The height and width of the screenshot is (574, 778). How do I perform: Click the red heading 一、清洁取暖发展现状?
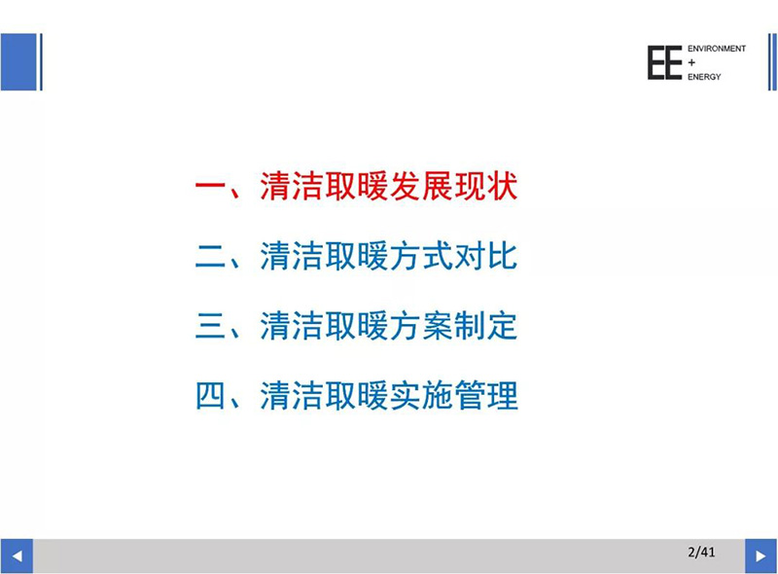(x=356, y=187)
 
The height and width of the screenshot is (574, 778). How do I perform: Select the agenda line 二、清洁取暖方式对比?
(x=356, y=256)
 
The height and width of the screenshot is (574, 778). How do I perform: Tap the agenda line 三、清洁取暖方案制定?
(x=356, y=326)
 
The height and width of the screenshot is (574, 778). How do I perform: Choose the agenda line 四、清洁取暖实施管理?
(x=356, y=395)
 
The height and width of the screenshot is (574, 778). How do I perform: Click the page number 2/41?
(x=701, y=552)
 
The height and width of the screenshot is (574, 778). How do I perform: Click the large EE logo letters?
(x=664, y=62)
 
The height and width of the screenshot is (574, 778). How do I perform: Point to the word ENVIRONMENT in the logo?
(x=717, y=49)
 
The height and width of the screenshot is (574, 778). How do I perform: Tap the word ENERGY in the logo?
(x=704, y=77)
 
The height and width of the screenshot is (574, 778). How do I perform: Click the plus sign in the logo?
(x=691, y=62)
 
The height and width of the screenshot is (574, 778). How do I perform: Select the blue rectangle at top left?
(x=18, y=62)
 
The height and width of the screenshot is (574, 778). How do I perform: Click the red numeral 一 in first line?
(x=210, y=187)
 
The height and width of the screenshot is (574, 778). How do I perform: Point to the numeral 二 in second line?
(x=210, y=257)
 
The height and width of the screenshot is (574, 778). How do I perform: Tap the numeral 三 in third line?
(x=210, y=326)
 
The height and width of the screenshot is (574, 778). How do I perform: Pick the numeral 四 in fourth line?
(x=210, y=396)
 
